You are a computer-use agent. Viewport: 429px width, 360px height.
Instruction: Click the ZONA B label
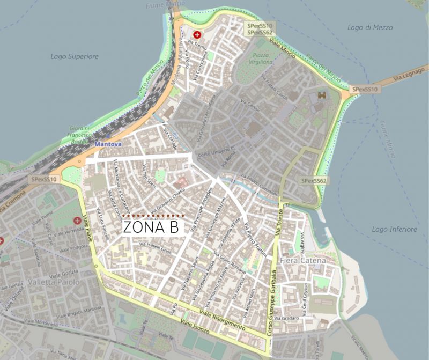(151, 227)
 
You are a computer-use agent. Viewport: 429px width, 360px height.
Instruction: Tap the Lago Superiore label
(75, 56)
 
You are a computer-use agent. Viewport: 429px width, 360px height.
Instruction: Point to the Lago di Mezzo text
(369, 27)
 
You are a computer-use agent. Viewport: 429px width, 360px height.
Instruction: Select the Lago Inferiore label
(394, 230)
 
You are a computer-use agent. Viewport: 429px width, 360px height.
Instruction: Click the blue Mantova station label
(108, 145)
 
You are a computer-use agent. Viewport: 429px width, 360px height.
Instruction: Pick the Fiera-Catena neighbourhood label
(302, 261)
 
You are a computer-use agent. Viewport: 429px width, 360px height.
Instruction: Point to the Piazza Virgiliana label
(261, 58)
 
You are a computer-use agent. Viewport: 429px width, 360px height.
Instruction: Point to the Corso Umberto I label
(213, 156)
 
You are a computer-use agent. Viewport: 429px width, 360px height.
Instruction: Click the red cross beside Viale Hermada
(78, 221)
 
